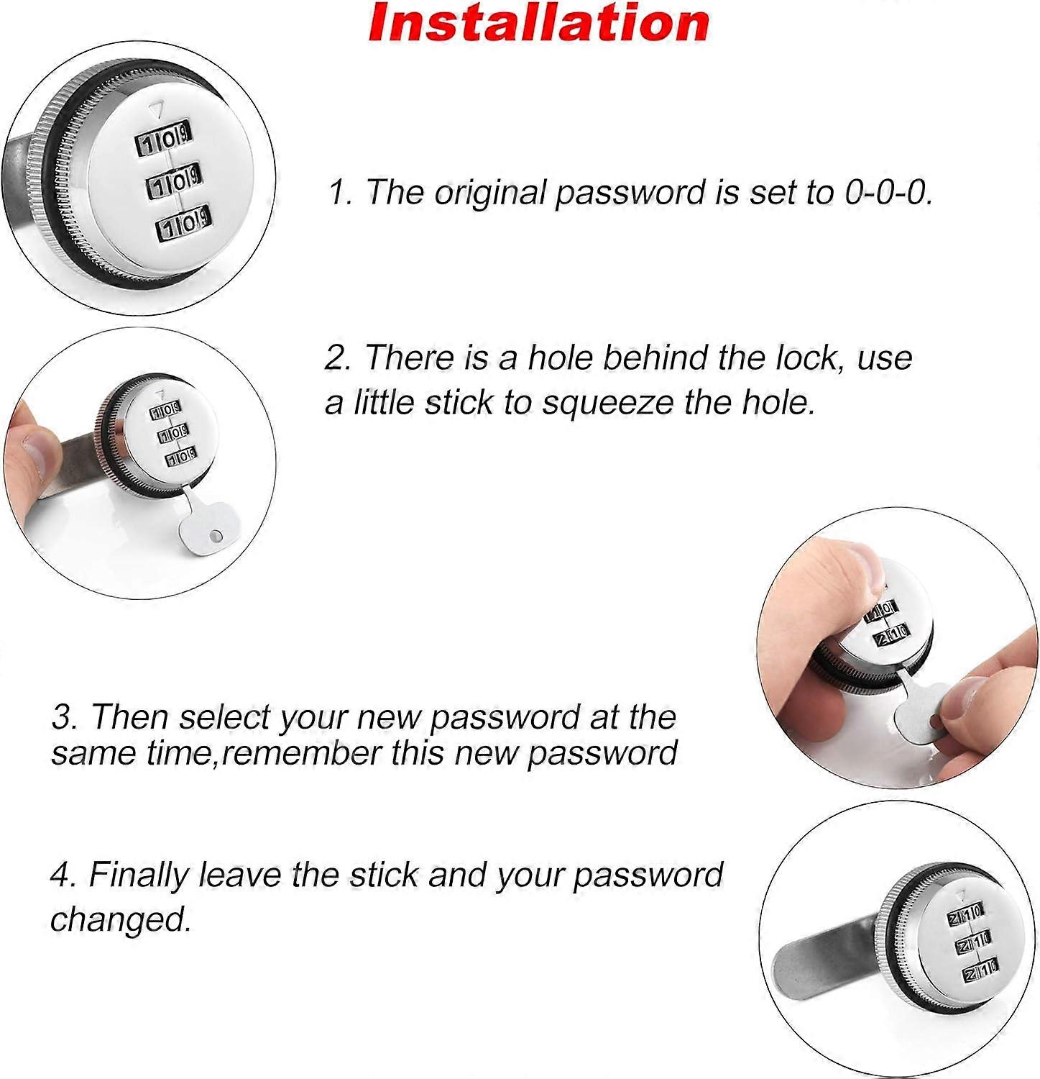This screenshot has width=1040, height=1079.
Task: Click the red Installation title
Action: point(538,23)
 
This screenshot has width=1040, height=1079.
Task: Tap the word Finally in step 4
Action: point(141,875)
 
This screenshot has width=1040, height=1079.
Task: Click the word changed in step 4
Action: point(120,919)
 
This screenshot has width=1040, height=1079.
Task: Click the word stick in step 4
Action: point(384,875)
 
